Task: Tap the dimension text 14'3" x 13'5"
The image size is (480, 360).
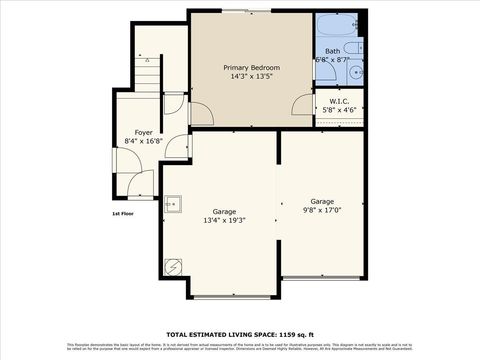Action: click(250, 77)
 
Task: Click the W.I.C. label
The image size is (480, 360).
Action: click(338, 103)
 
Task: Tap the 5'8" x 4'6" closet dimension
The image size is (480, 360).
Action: click(338, 112)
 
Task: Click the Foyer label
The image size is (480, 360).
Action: click(144, 132)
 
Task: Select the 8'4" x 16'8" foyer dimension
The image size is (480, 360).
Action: click(144, 141)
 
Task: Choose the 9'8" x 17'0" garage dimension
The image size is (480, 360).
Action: click(322, 210)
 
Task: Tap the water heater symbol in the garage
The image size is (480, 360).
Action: click(173, 267)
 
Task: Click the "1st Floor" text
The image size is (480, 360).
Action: click(123, 212)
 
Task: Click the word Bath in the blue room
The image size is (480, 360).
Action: click(331, 50)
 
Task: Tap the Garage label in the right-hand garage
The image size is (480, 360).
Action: click(322, 201)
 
